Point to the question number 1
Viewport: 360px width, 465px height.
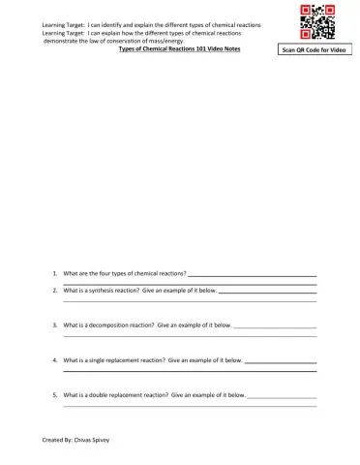pos(55,275)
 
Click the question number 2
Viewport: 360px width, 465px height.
pos(55,290)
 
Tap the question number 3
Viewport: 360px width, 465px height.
pos(55,325)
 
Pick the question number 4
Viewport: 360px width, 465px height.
pos(55,360)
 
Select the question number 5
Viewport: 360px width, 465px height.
pos(55,395)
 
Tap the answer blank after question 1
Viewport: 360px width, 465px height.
pos(253,276)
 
